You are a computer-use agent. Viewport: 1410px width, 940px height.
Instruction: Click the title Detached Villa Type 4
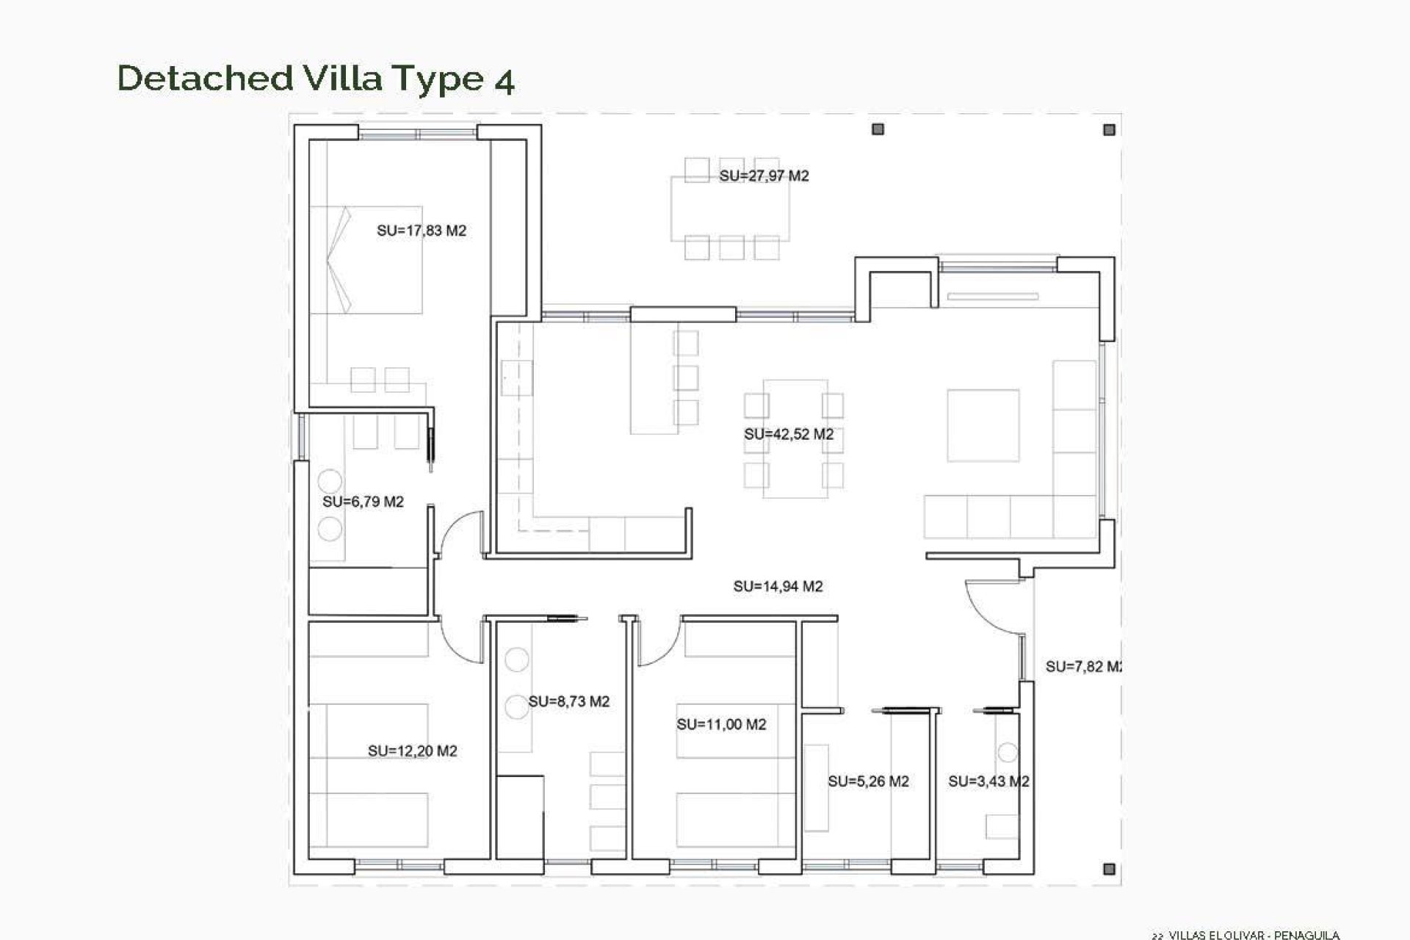(x=316, y=79)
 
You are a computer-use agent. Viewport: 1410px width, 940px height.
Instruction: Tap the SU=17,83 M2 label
(x=422, y=231)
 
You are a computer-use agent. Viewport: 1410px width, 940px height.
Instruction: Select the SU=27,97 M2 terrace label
(x=764, y=176)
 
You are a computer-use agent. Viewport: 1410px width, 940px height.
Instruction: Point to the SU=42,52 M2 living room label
(x=789, y=434)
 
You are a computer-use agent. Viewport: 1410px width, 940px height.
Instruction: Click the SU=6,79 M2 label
(x=363, y=502)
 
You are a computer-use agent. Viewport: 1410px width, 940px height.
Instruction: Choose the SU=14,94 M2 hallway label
(x=778, y=586)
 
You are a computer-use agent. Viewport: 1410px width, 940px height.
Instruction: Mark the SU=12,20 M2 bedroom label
(x=412, y=751)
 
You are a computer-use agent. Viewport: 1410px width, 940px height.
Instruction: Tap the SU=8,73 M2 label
(x=568, y=701)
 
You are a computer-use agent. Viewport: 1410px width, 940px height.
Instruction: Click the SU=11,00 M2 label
(x=721, y=725)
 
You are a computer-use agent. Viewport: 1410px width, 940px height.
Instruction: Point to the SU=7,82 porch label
(x=1082, y=667)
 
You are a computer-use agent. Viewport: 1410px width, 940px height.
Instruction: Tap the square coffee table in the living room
(x=983, y=425)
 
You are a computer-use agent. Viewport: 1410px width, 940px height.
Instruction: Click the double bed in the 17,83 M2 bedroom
(x=366, y=260)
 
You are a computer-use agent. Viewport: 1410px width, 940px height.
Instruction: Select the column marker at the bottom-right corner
(x=1109, y=869)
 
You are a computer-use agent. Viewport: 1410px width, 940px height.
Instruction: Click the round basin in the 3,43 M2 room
(x=1008, y=753)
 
